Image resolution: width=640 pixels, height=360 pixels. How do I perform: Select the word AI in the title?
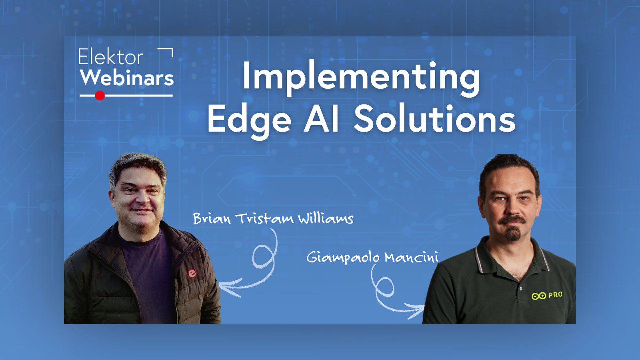click(322, 118)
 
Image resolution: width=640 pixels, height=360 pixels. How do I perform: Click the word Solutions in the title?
click(435, 118)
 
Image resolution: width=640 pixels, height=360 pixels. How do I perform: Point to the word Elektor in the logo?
click(111, 57)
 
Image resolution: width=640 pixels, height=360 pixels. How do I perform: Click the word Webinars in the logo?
click(127, 78)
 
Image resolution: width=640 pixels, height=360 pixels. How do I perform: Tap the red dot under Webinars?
click(100, 96)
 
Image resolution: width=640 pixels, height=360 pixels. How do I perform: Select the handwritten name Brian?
click(212, 219)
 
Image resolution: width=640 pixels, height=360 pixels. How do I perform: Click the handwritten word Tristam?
click(264, 218)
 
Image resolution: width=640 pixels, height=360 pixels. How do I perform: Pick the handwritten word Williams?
click(326, 219)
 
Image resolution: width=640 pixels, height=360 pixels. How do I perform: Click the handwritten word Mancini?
click(411, 257)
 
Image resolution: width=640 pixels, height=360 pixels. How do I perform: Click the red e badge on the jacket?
click(192, 274)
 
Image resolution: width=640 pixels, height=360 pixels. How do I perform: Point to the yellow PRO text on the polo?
click(555, 295)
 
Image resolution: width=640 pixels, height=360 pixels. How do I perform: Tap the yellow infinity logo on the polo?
click(539, 296)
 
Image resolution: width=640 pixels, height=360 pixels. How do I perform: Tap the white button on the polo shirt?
click(521, 289)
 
